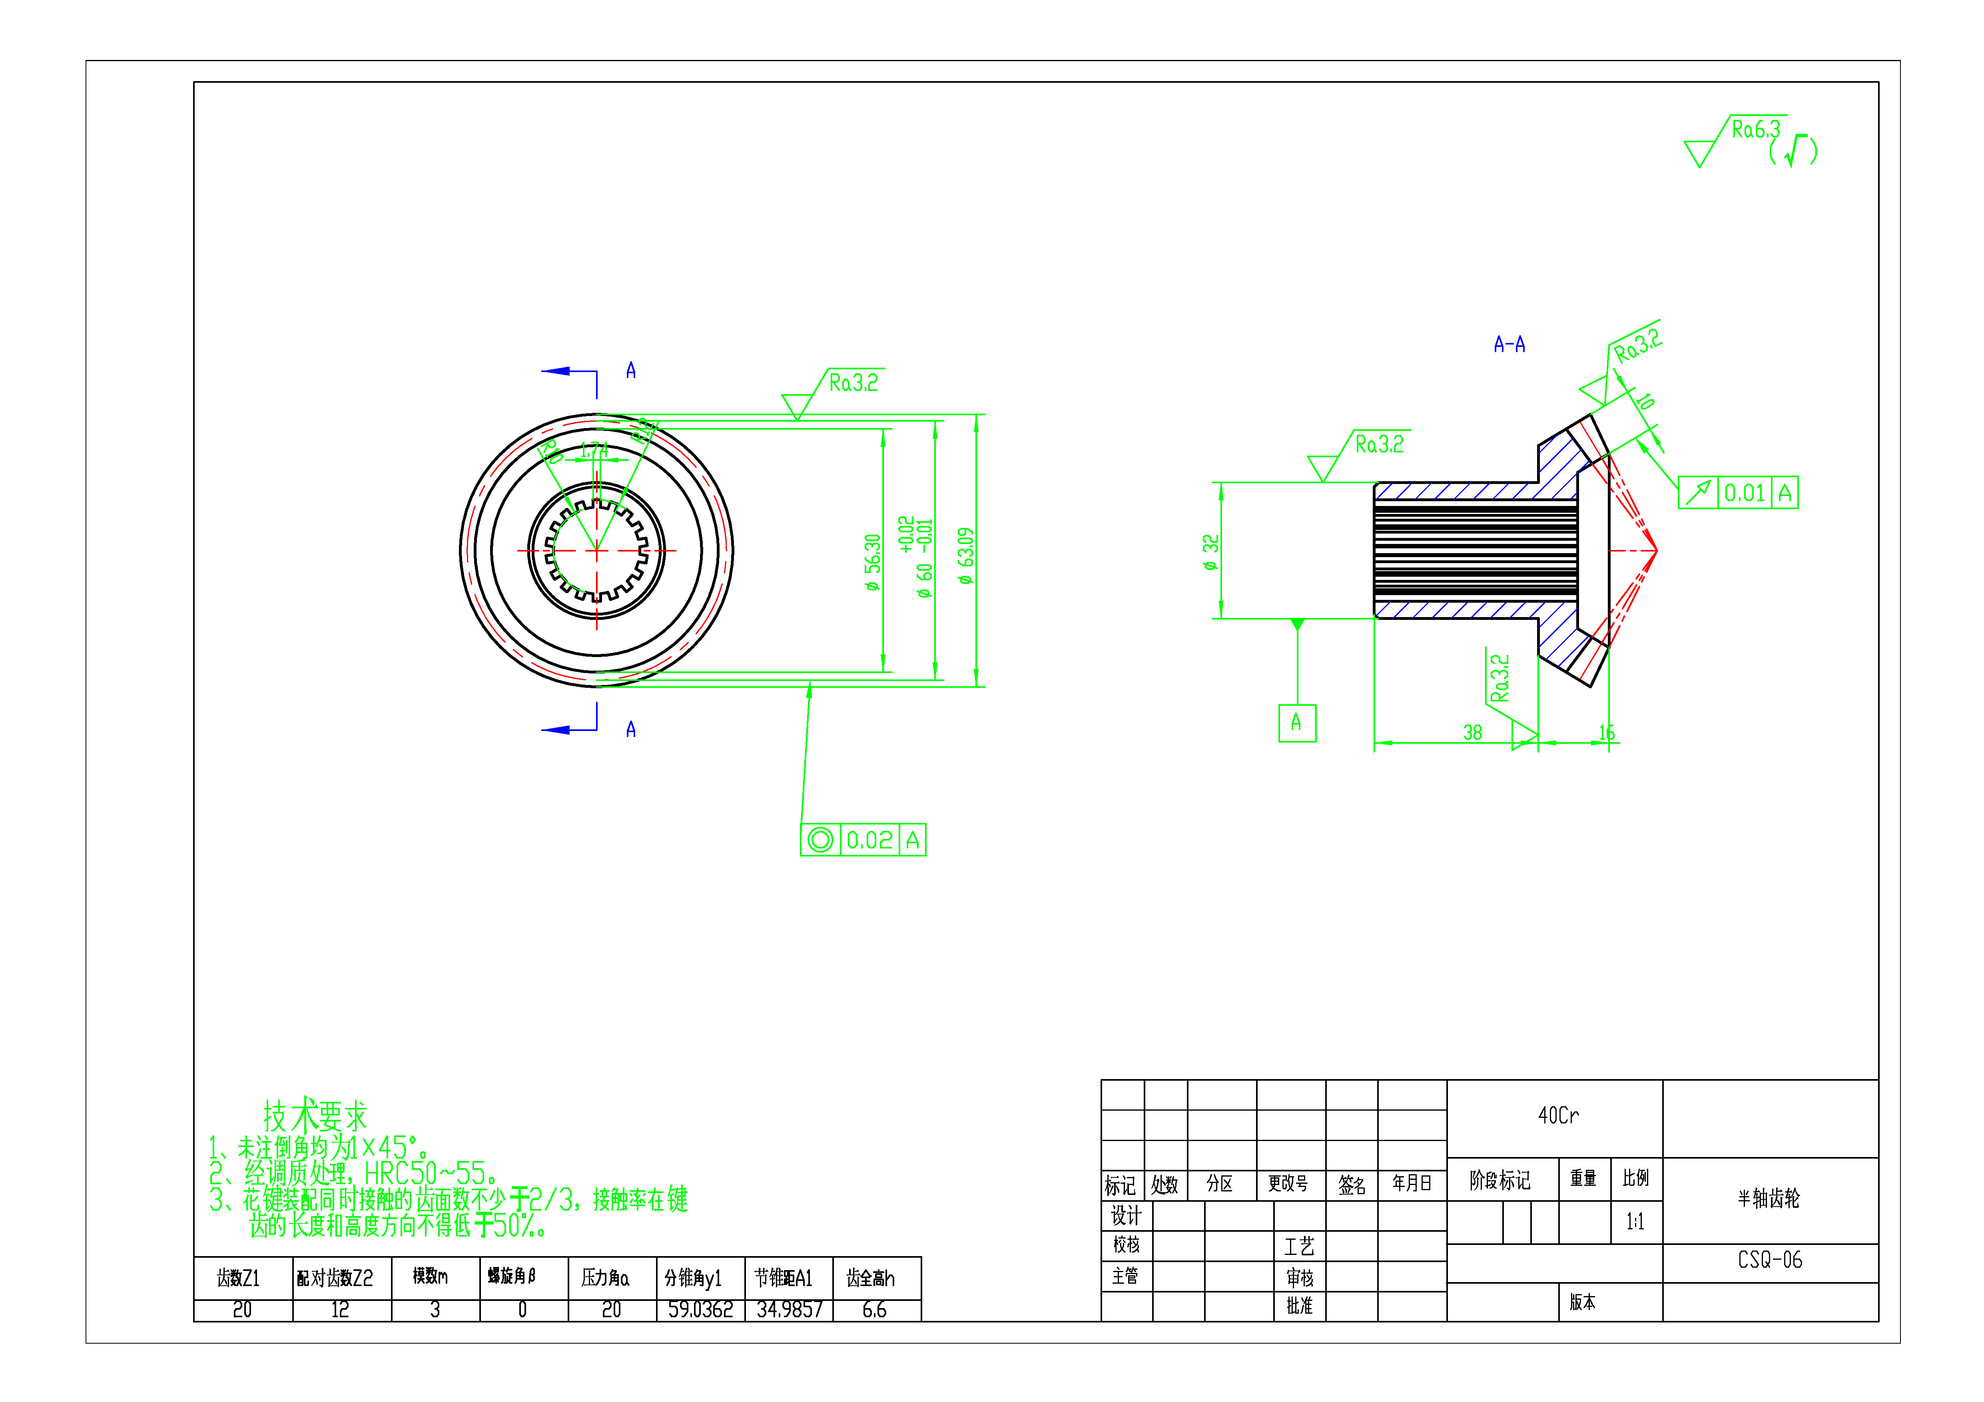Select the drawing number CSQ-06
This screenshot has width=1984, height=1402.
[x=1770, y=1261]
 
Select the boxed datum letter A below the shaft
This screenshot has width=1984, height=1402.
[x=1296, y=723]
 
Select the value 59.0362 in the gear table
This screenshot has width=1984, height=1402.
[x=700, y=1310]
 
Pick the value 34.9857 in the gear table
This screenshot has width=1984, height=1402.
[x=789, y=1310]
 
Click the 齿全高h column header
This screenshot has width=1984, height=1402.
[x=870, y=1278]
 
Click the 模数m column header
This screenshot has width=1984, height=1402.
[x=430, y=1276]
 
